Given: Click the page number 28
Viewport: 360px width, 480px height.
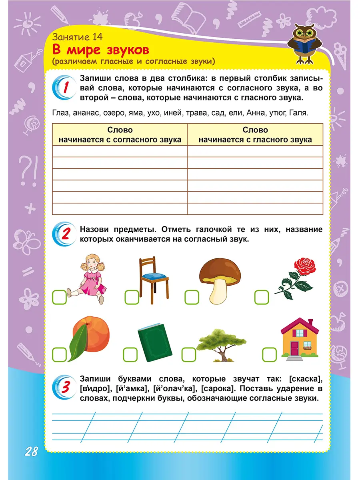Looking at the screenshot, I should pyautogui.click(x=31, y=452).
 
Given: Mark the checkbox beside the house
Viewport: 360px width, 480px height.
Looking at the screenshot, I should pyautogui.click(x=269, y=354).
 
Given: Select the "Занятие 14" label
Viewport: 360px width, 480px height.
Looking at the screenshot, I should pyautogui.click(x=77, y=38).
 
